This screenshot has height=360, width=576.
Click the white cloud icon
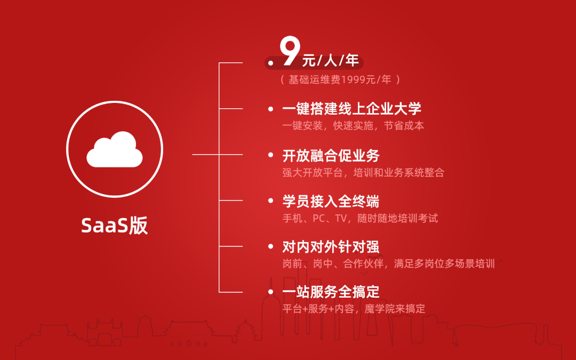(115, 149)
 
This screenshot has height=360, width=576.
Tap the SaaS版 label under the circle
(114, 226)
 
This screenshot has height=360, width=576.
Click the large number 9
(290, 51)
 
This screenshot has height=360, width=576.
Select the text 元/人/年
(330, 60)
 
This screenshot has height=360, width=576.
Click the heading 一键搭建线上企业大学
(351, 109)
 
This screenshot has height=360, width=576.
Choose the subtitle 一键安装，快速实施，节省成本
(353, 126)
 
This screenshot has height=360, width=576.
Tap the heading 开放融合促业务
(331, 155)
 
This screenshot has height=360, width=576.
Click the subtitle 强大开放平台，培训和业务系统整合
(363, 172)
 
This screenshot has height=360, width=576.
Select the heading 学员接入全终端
(331, 201)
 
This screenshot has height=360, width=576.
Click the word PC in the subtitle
(318, 219)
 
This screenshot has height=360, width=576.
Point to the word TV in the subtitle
(341, 219)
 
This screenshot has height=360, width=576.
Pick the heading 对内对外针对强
(331, 247)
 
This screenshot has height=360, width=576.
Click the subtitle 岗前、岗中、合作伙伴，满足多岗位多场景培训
(389, 264)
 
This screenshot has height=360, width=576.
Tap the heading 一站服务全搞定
(331, 292)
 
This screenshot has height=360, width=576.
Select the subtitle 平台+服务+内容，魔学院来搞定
(354, 309)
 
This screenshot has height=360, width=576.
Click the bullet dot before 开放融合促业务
(271, 155)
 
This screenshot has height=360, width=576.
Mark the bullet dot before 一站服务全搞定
(271, 292)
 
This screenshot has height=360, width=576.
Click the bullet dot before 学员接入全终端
(271, 201)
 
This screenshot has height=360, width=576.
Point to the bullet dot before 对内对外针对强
(271, 246)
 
